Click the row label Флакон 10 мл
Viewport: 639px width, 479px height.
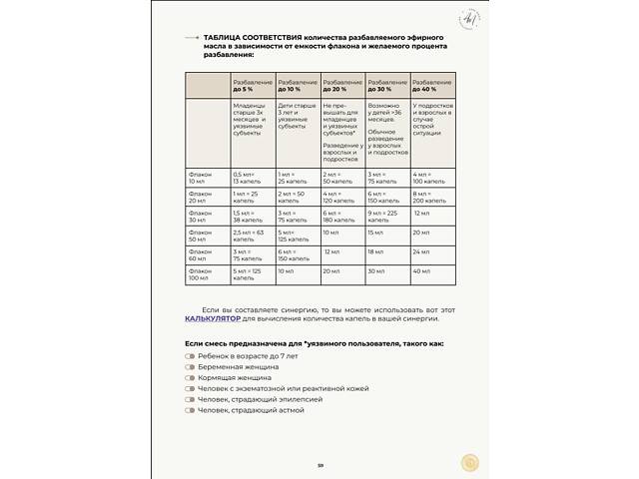pos(199,178)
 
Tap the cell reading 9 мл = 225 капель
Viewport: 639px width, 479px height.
pos(387,216)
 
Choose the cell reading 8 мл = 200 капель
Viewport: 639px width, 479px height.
pos(429,197)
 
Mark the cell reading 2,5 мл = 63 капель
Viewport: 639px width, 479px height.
pos(250,235)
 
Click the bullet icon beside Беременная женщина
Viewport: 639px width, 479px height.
pos(190,367)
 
